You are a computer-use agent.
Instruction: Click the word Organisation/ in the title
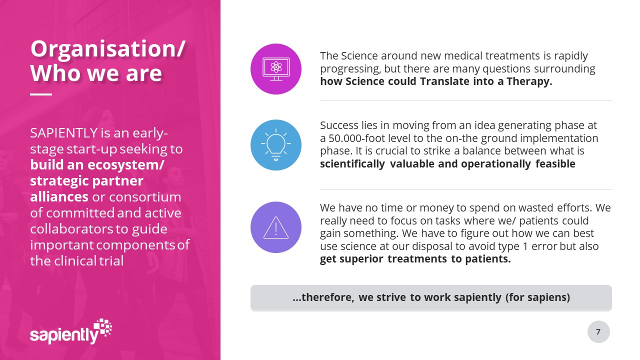tap(108, 49)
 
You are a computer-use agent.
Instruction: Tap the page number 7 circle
tap(598, 331)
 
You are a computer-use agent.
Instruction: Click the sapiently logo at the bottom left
tap(71, 331)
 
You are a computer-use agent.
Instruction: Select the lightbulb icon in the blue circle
tap(275, 145)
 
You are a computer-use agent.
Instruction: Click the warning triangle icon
tap(275, 227)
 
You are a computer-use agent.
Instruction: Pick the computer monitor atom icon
tap(276, 69)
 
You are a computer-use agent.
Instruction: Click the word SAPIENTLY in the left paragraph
tap(64, 133)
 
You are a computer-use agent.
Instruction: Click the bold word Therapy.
tap(529, 81)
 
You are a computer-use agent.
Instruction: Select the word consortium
tap(145, 197)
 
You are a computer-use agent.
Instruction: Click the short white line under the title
tap(41, 94)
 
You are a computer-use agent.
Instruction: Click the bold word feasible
tap(555, 164)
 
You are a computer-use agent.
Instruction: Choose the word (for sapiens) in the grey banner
tap(537, 297)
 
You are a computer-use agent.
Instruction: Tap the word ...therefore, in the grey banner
tap(323, 297)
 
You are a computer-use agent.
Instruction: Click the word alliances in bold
tap(59, 197)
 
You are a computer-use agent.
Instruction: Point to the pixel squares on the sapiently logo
tap(103, 326)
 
